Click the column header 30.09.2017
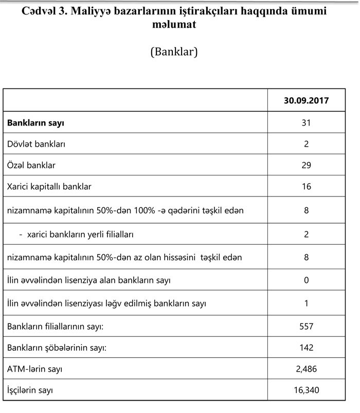[306, 101]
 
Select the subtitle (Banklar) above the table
[174, 52]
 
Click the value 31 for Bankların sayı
[306, 123]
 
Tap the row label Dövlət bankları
[37, 144]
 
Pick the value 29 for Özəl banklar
[306, 166]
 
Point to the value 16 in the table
[306, 187]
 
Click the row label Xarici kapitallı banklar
[49, 187]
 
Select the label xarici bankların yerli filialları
[76, 235]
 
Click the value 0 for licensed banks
[306, 280]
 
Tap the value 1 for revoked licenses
[306, 303]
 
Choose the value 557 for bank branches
[306, 326]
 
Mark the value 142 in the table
[306, 348]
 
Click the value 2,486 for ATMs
[306, 369]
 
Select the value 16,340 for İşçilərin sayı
[306, 390]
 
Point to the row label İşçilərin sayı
[30, 390]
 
